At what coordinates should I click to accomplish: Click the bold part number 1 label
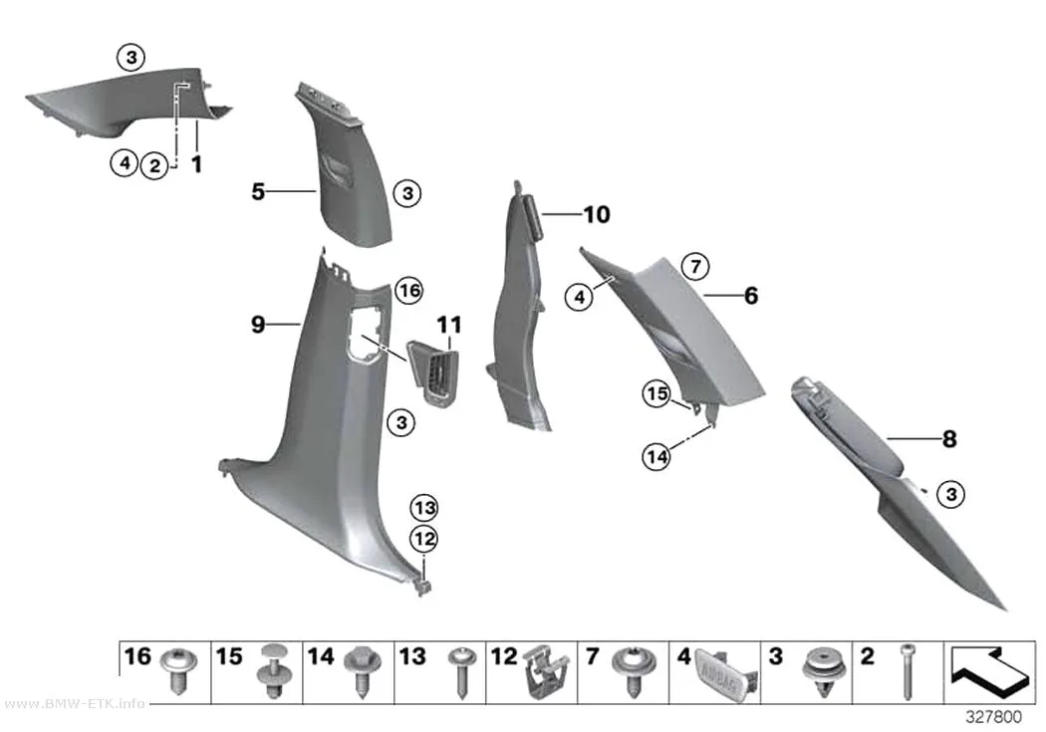pos(197,163)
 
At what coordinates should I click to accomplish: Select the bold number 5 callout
pos(258,192)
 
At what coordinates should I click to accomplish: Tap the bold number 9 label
pos(258,325)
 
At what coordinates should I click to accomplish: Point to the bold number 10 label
pos(597,215)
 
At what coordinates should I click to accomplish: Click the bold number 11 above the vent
pos(449,326)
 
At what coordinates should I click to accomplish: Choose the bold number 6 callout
pos(751,296)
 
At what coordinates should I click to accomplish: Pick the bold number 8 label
pos(949,439)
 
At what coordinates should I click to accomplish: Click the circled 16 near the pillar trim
pos(409,290)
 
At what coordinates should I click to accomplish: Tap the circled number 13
pos(425,508)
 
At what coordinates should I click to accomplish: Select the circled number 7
pos(695,267)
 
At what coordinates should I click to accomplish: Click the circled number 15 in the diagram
pos(656,393)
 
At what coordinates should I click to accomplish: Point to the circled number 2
pos(154,165)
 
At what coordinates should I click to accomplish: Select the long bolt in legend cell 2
pos(907,672)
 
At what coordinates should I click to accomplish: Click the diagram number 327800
pos(994,717)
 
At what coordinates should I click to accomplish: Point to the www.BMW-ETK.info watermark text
pos(74,703)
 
